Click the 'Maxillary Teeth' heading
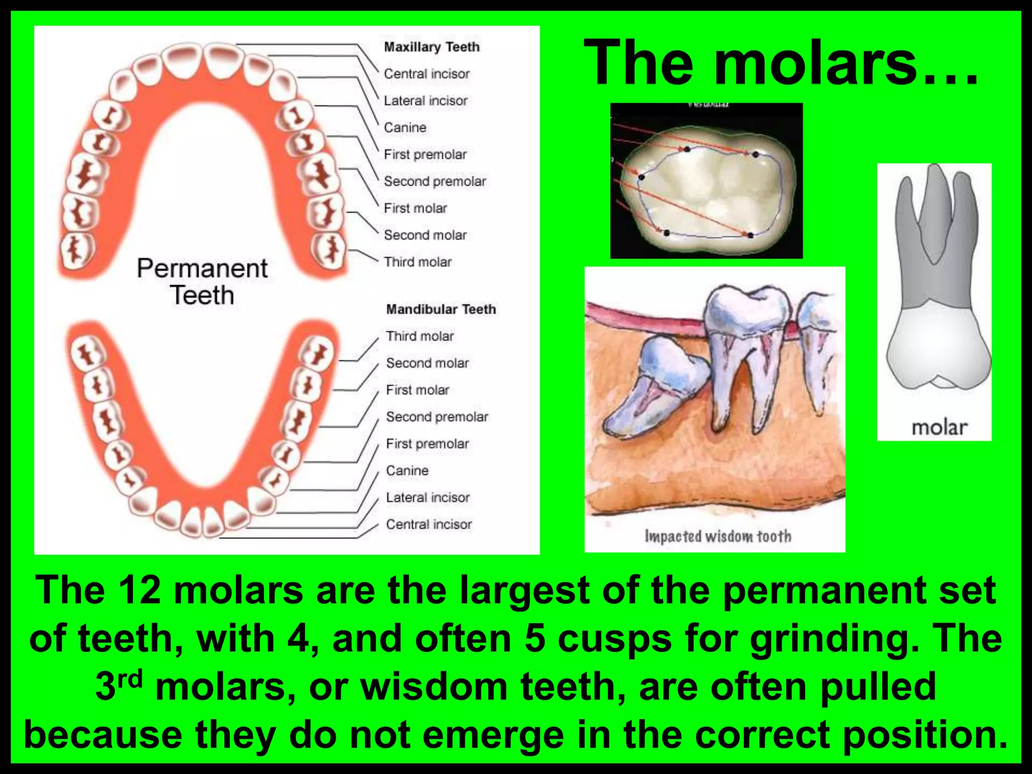coord(431,47)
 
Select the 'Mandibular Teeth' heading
coord(441,309)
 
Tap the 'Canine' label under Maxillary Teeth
coord(405,127)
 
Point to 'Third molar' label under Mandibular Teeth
coord(420,336)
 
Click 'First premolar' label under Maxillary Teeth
coord(425,154)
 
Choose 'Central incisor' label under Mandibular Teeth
coord(429,524)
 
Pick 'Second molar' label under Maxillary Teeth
coord(425,235)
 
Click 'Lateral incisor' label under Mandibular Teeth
coord(427,497)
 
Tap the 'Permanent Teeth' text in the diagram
coord(202,281)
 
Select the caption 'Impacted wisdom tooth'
coord(718,536)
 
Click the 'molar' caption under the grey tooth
coord(939,427)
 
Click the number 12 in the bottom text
coord(140,591)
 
